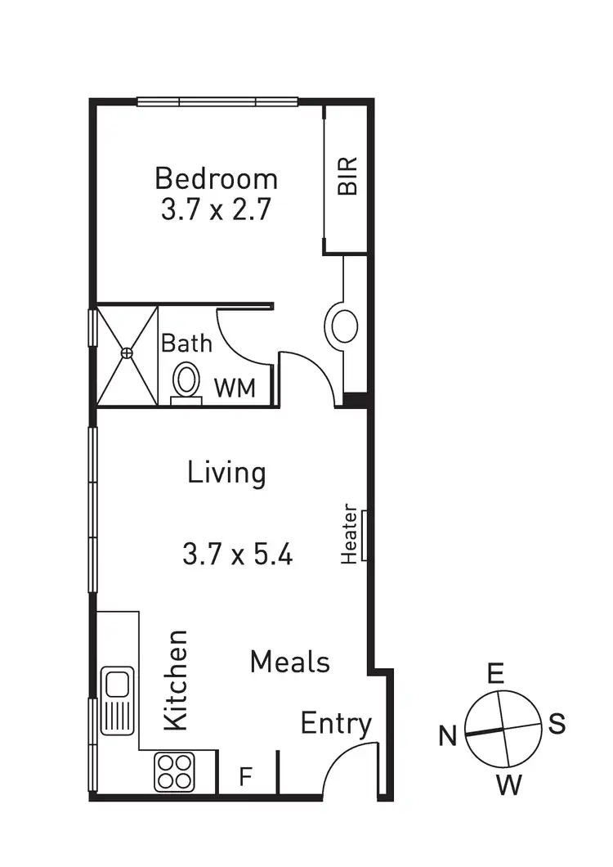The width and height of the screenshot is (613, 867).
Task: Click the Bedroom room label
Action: tap(216, 178)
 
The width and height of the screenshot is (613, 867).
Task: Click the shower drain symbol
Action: tap(127, 353)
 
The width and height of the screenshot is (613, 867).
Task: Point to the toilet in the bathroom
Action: tap(186, 382)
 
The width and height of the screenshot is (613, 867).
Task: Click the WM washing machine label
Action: tap(235, 389)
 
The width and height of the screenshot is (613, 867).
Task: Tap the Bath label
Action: tap(186, 344)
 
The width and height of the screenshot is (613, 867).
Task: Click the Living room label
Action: tap(226, 474)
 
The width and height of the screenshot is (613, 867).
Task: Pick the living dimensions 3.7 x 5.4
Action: tap(237, 555)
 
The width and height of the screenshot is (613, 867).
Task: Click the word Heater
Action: tap(349, 533)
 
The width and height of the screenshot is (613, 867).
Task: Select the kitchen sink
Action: tap(117, 701)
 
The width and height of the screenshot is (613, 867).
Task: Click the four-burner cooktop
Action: tap(175, 771)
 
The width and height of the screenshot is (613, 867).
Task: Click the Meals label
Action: tap(290, 662)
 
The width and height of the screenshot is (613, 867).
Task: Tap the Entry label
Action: tap(336, 724)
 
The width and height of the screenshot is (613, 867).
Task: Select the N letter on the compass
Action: tap(447, 737)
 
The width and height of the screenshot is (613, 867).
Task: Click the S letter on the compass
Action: tap(557, 724)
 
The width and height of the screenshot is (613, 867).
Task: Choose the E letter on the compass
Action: tap(495, 674)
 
